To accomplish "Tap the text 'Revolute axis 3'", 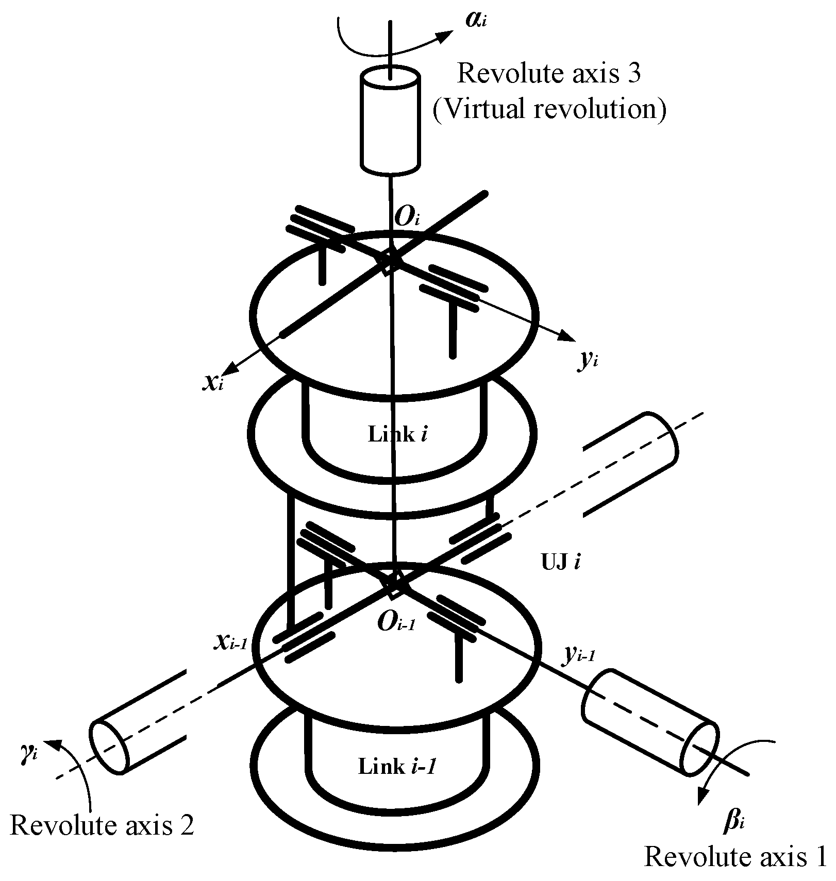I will [x=549, y=73].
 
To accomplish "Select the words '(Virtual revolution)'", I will [x=549, y=109].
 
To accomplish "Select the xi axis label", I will [x=213, y=382].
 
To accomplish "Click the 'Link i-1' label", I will [x=397, y=767].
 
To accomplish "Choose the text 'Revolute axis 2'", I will [x=102, y=825].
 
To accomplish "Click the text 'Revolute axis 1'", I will [x=735, y=857].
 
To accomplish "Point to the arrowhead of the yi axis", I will [x=570, y=337].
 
